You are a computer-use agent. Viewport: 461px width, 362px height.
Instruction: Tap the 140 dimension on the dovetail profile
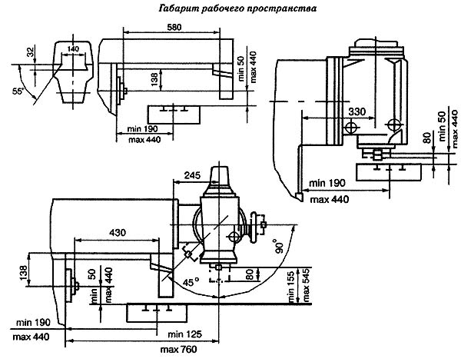point(73,48)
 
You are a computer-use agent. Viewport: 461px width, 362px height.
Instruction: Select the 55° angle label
point(18,91)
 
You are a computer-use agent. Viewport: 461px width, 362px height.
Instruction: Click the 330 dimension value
point(357,111)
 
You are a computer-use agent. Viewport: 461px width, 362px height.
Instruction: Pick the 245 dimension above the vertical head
point(193,175)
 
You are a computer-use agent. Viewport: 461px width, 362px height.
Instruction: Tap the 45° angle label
point(189,283)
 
